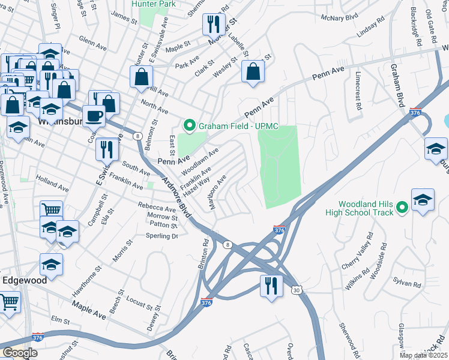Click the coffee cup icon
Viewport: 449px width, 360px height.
[x=94, y=116]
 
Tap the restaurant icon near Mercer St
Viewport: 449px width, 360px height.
[x=214, y=25]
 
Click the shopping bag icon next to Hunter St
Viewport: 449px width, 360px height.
[x=142, y=77]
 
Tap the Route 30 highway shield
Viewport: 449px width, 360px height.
[x=297, y=289]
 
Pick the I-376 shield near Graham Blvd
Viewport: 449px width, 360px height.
[x=415, y=112]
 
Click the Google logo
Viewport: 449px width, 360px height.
[x=20, y=353]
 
